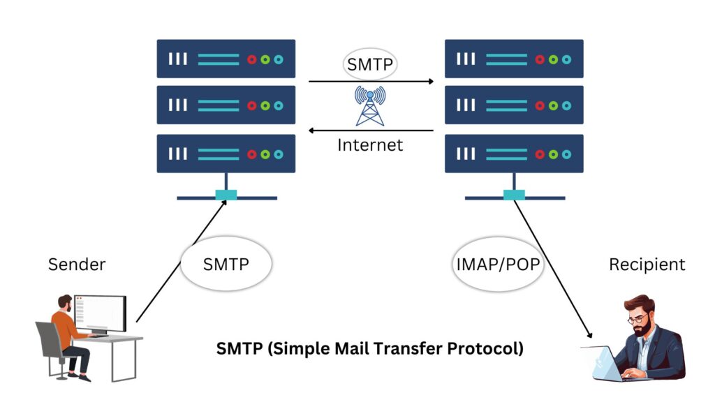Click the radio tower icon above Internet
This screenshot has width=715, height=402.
(370, 106)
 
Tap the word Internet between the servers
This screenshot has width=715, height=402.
(370, 145)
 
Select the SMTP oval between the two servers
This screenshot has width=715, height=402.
(370, 66)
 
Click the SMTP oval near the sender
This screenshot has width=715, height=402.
(226, 265)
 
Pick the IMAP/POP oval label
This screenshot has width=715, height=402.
(498, 265)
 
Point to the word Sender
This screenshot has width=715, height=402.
(77, 265)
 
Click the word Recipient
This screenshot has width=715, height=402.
(647, 265)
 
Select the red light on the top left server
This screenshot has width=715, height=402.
(252, 59)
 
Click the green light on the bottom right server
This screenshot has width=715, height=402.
(553, 154)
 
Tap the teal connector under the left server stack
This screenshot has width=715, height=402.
(226, 195)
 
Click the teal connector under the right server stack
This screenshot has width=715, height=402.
(514, 195)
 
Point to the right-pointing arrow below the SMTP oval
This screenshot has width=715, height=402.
(371, 82)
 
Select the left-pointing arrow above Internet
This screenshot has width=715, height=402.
(371, 131)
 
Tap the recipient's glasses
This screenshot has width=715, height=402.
(637, 319)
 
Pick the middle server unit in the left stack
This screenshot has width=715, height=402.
(226, 105)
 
